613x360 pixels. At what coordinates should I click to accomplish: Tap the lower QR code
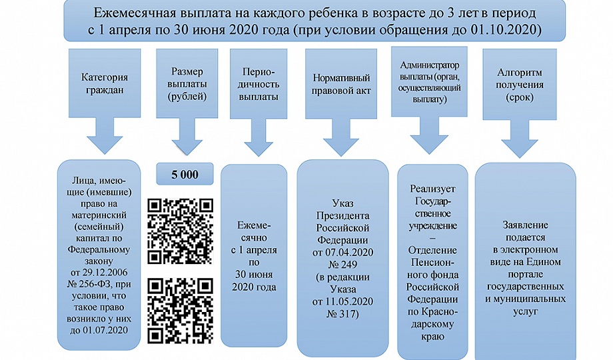pyautogui.click(x=179, y=308)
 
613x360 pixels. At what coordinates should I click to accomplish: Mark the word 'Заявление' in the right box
pyautogui.click(x=526, y=226)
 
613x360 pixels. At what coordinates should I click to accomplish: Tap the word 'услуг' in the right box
pyautogui.click(x=526, y=311)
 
